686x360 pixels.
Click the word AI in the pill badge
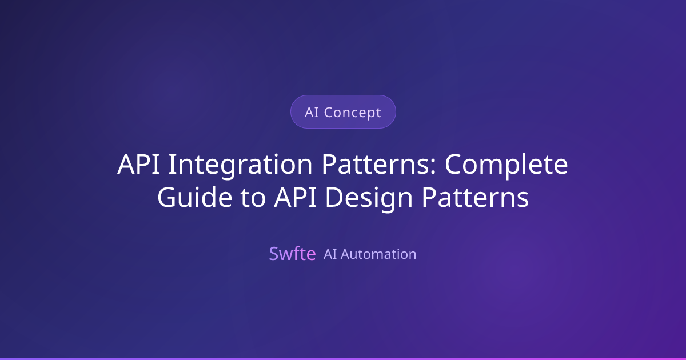(312, 113)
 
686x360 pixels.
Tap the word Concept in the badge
(353, 113)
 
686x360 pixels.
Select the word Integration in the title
(240, 165)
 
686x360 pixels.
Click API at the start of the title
(139, 165)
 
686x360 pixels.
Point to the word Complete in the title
(506, 165)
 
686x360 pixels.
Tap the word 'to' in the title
(253, 198)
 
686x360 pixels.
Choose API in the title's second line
(296, 198)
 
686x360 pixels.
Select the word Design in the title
(369, 198)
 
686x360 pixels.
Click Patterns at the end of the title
(476, 198)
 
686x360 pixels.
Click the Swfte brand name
(292, 254)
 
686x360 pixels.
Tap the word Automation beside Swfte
(378, 254)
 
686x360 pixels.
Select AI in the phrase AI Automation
(330, 254)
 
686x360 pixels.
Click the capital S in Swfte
(273, 254)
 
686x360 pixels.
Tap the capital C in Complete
(453, 165)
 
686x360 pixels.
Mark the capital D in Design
(335, 198)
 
